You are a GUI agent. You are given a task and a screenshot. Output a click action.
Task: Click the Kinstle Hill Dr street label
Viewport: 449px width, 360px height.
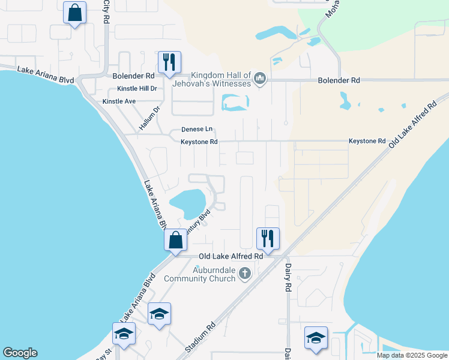click(137, 89)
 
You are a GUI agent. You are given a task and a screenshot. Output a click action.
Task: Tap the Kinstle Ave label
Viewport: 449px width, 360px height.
click(119, 101)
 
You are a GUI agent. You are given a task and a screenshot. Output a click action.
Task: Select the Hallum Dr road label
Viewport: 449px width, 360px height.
click(150, 118)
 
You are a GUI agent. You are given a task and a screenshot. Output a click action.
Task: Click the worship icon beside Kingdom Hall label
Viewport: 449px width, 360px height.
click(260, 79)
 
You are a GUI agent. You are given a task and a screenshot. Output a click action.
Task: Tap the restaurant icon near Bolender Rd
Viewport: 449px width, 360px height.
click(168, 62)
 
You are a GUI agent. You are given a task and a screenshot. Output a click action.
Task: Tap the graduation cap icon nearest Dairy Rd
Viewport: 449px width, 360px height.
click(315, 337)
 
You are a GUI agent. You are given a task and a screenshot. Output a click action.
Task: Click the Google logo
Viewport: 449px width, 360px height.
click(20, 353)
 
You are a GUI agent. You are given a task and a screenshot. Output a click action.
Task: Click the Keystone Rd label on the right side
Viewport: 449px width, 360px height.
click(367, 141)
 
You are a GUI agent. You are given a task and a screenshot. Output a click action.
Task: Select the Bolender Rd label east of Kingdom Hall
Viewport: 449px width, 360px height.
click(339, 80)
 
